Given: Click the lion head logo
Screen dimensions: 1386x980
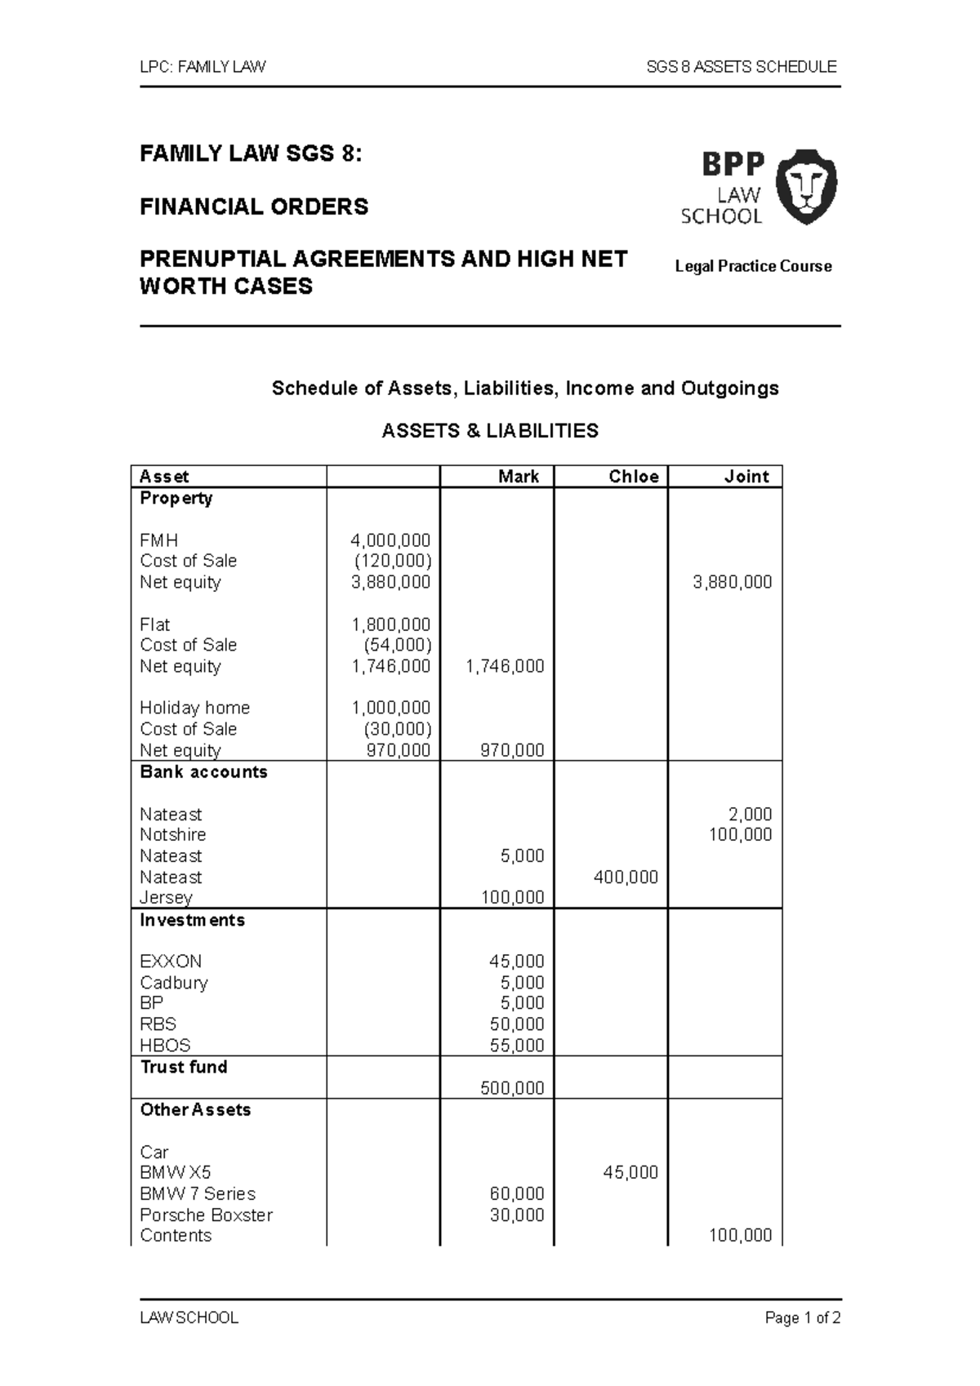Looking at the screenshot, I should coord(805,187).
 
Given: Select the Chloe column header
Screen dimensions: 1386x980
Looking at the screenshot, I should coord(633,477).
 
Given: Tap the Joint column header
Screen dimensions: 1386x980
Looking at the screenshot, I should coord(746,477).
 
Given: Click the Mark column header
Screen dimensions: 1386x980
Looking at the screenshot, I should coord(519,477).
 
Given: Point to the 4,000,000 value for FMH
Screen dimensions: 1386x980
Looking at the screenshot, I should coord(390,540).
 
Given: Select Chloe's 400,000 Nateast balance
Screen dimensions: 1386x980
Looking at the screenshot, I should coord(626,877).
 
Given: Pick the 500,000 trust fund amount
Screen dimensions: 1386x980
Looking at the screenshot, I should coord(512,1088).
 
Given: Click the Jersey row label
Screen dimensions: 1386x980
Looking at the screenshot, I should coord(166,898).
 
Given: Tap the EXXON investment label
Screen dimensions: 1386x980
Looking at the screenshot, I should coord(171,962).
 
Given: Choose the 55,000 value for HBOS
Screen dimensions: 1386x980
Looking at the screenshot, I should coord(516,1046).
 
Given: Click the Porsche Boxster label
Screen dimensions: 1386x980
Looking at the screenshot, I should coord(206,1215).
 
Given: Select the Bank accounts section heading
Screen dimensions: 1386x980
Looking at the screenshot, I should coord(203,772).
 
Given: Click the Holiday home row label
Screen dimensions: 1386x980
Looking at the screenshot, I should coord(194,708).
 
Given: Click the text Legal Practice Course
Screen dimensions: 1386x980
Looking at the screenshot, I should coord(753,266).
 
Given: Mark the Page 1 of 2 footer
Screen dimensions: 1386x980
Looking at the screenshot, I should coord(802,1318).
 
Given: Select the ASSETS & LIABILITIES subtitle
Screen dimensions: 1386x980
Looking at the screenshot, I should coord(490,431).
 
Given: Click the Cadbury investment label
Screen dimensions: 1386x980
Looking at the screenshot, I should coord(173,983).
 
